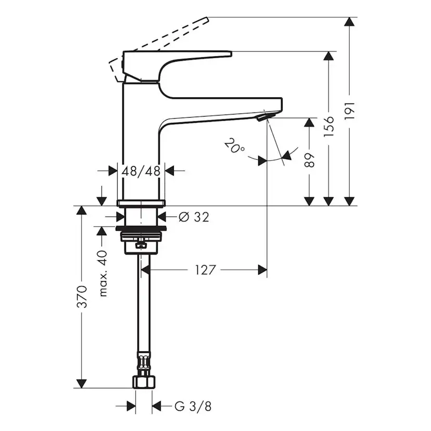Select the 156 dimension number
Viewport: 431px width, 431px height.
[328, 126]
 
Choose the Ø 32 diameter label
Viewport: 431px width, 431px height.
[194, 217]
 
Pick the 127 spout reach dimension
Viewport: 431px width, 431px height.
[205, 270]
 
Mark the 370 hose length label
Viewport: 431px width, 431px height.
[82, 297]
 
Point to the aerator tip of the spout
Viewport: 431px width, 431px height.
[263, 117]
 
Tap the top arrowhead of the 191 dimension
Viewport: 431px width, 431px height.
[350, 22]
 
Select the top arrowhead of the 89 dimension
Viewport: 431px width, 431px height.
[309, 123]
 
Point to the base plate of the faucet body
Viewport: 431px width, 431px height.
[141, 202]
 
